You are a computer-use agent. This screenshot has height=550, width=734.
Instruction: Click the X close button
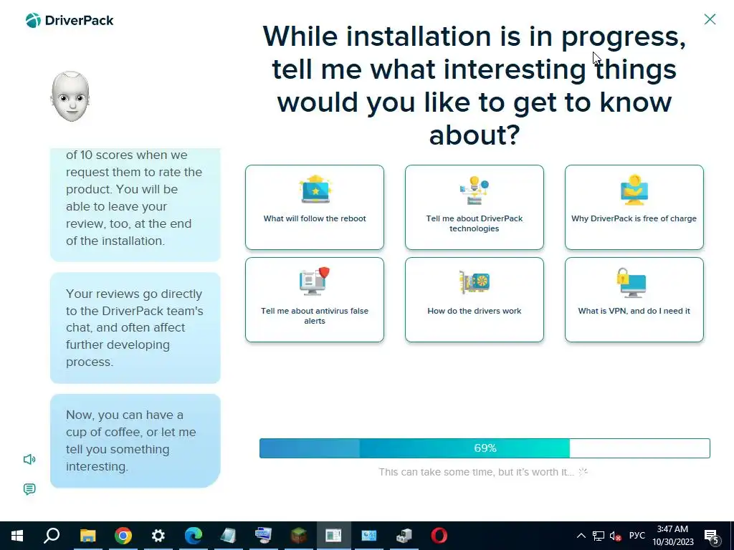[x=710, y=19]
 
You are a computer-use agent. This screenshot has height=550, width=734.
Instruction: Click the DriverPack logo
[x=70, y=21]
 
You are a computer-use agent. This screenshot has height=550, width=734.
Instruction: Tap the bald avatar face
[x=70, y=97]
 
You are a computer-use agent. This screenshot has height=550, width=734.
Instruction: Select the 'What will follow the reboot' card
[x=315, y=207]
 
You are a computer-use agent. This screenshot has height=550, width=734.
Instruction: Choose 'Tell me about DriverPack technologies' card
[x=475, y=207]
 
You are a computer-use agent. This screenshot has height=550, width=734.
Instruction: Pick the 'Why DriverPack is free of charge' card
[x=634, y=207]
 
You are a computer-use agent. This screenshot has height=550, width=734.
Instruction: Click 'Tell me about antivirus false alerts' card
[x=315, y=300]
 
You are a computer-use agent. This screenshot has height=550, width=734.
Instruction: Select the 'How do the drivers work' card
[x=475, y=300]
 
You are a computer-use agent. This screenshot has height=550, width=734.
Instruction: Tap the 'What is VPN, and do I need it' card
[x=634, y=300]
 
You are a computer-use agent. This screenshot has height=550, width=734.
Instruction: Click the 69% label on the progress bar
[x=485, y=448]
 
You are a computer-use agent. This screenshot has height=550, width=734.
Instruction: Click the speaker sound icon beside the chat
[x=29, y=459]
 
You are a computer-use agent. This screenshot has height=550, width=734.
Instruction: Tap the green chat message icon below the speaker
[x=29, y=489]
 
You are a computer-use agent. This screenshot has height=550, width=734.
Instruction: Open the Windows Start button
[x=17, y=536]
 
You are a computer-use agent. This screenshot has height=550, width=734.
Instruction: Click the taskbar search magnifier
[x=52, y=535]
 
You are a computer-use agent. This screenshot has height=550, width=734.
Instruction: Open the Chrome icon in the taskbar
[x=123, y=536]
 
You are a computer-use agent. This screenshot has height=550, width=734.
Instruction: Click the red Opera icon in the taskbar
[x=439, y=536]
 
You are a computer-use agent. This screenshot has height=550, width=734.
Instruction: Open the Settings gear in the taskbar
[x=158, y=536]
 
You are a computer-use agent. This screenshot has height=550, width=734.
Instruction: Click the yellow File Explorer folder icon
[x=87, y=536]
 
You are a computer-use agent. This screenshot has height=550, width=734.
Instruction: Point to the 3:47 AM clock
[x=672, y=529]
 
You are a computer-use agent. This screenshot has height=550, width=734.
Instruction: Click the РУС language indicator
[x=637, y=536]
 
